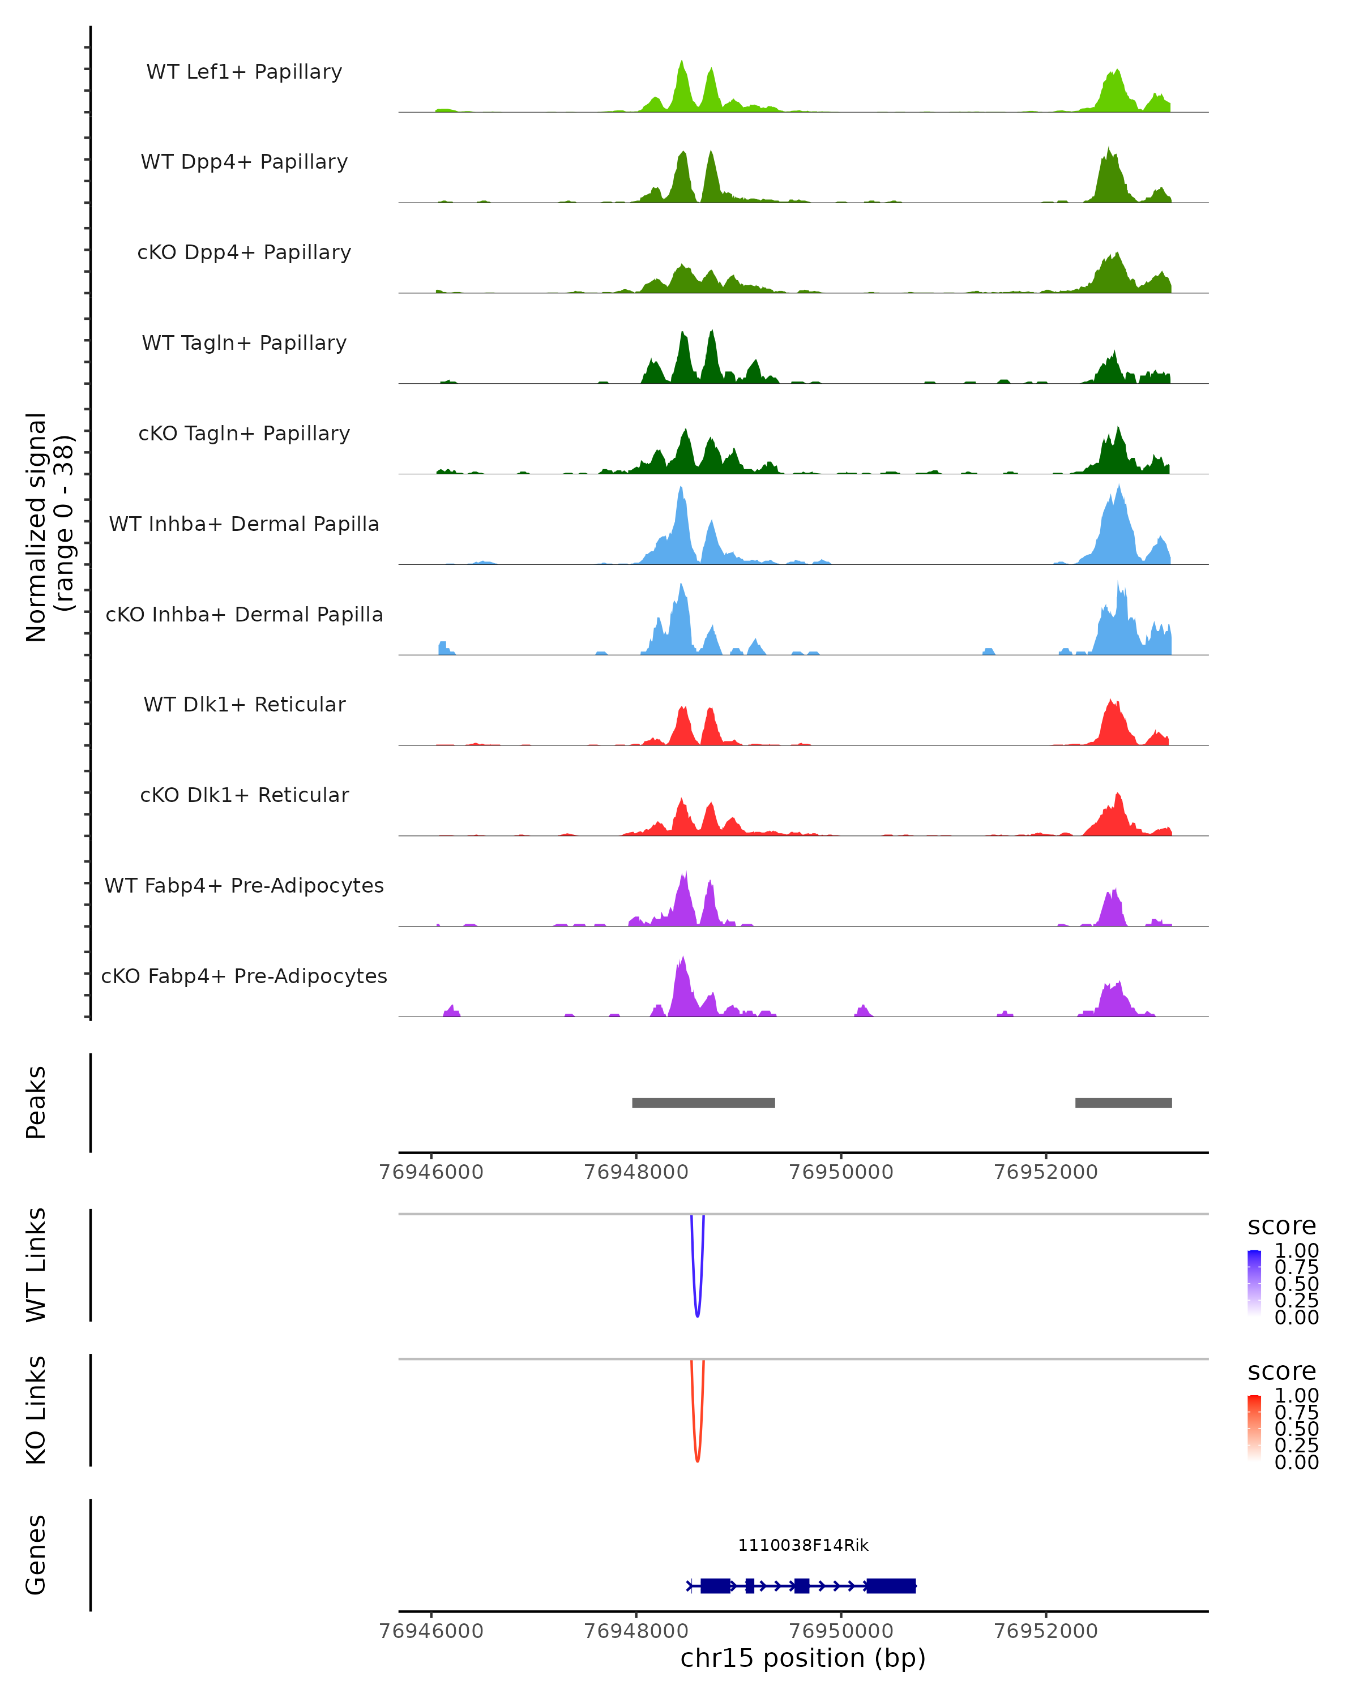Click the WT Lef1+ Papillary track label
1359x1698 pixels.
(244, 72)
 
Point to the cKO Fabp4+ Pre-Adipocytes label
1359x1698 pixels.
(244, 976)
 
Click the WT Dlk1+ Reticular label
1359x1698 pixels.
(244, 704)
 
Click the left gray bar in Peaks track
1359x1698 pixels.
(703, 1103)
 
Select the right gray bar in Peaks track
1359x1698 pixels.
(1123, 1103)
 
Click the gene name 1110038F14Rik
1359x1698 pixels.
(803, 1545)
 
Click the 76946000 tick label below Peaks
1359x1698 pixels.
(431, 1172)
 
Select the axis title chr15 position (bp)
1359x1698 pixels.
(803, 1658)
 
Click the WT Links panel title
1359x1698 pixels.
(36, 1265)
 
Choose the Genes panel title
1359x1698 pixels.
(36, 1555)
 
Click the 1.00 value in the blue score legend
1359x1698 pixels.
(1296, 1251)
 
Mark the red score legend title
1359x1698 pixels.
(1281, 1371)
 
